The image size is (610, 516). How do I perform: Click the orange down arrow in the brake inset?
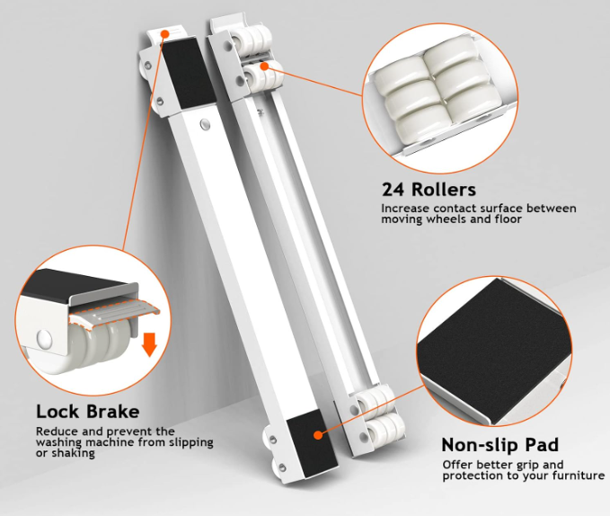coord(149,344)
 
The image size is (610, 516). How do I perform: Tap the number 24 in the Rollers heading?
coord(393,190)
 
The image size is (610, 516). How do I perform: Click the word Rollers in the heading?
coord(444,190)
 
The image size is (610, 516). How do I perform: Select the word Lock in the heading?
coord(58,412)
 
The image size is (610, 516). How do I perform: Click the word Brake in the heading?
coord(113,412)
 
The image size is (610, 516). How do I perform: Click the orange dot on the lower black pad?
coord(318,435)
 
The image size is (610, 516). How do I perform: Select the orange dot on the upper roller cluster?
coord(264,67)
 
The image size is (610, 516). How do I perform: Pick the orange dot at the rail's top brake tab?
coord(165,34)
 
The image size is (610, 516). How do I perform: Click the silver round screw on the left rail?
coord(205,125)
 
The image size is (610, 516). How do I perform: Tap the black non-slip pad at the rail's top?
coord(189,73)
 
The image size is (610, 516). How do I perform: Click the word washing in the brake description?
coord(59,443)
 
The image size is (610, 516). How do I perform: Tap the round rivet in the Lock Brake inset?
coord(44,339)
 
